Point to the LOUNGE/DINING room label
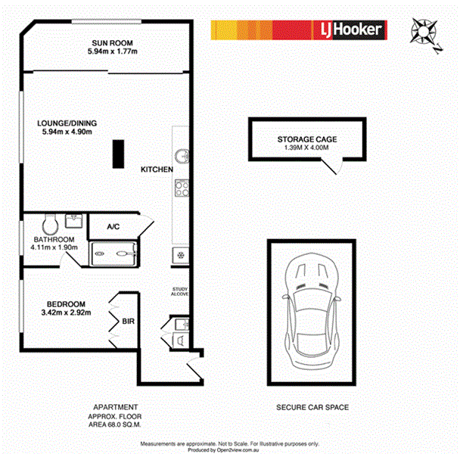[x=69, y=127]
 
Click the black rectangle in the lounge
[x=119, y=154]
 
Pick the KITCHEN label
[x=157, y=170]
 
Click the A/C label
[x=114, y=225]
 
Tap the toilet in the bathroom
[x=51, y=224]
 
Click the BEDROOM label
[x=64, y=303]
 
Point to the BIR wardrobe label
[x=128, y=322]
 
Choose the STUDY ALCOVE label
[x=180, y=292]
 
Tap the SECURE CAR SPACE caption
[x=312, y=408]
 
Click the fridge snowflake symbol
[x=181, y=254]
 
